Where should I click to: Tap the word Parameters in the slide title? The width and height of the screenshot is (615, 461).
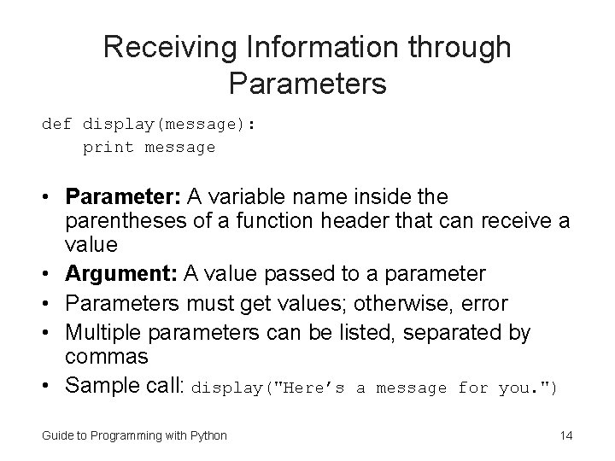[x=307, y=84]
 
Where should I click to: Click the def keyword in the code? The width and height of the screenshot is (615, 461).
[x=57, y=125]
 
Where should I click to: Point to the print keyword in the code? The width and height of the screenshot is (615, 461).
[x=108, y=148]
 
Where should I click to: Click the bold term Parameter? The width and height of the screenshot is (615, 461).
[x=119, y=197]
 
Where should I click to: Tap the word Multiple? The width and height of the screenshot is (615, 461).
[x=100, y=331]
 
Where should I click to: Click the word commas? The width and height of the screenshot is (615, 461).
[x=108, y=355]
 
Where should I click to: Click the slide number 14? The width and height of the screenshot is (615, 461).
[x=565, y=436]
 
